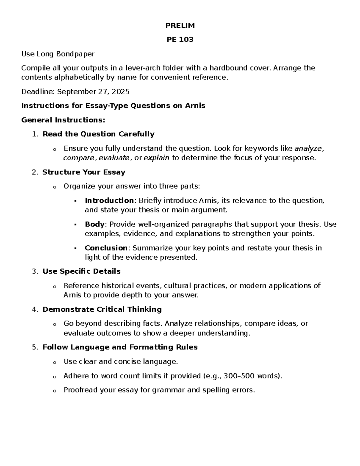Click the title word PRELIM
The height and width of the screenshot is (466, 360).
click(x=180, y=26)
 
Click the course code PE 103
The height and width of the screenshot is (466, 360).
click(x=180, y=40)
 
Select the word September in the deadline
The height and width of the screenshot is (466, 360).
click(x=76, y=92)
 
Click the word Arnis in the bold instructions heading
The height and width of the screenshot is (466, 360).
click(x=195, y=106)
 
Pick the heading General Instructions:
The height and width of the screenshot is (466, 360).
click(x=63, y=120)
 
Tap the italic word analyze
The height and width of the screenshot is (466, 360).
click(x=308, y=148)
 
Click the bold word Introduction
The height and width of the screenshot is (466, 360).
click(x=109, y=200)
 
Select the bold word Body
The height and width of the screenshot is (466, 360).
click(x=94, y=224)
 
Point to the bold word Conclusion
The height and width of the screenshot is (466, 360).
click(x=106, y=248)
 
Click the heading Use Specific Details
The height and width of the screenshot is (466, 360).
click(x=81, y=271)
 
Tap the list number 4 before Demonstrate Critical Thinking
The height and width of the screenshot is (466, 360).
click(x=34, y=309)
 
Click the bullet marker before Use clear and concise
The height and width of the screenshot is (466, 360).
click(x=54, y=362)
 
